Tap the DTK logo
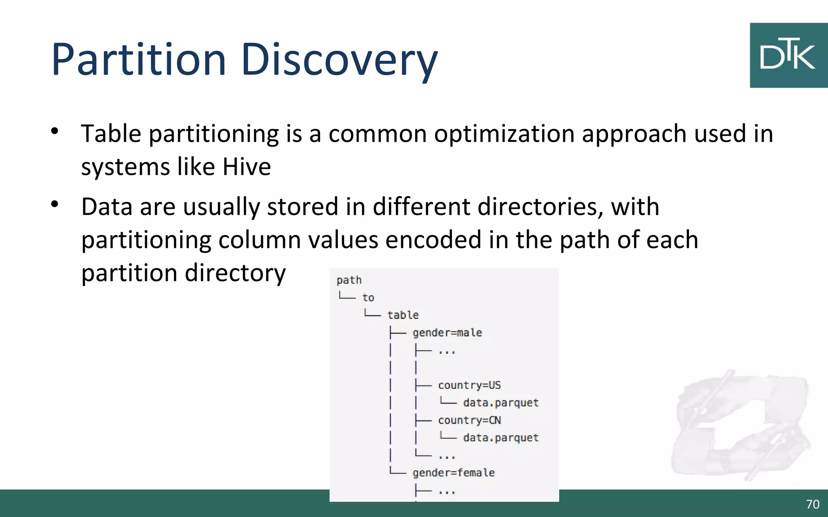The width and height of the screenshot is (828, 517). [788, 55]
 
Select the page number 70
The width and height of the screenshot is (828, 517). [813, 504]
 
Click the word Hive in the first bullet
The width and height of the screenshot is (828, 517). [247, 166]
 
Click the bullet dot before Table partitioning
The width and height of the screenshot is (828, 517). [55, 131]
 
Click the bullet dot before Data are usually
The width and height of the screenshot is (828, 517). [55, 204]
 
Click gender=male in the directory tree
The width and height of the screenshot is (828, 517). [447, 333]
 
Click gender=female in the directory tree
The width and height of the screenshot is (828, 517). [454, 473]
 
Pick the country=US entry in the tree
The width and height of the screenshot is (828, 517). [469, 385]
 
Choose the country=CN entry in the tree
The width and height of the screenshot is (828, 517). [469, 420]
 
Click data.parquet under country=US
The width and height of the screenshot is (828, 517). [501, 403]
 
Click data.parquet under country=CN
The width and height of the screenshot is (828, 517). [501, 438]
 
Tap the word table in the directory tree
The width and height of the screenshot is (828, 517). [403, 315]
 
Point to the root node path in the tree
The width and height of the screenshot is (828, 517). [349, 280]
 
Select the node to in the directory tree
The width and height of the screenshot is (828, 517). [368, 298]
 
